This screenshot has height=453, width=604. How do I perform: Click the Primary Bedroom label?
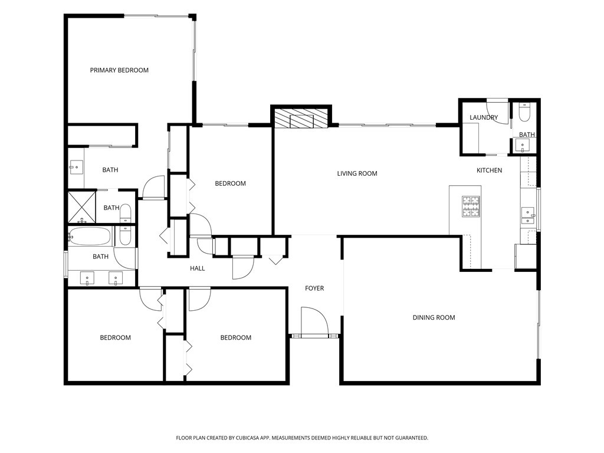pyautogui.click(x=119, y=70)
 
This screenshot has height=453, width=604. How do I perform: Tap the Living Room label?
pyautogui.click(x=357, y=173)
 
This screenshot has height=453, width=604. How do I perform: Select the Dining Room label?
pyautogui.click(x=434, y=317)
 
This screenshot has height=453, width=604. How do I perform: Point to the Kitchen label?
pyautogui.click(x=489, y=170)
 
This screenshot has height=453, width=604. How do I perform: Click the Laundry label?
pyautogui.click(x=484, y=117)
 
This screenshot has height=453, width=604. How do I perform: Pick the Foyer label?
pyautogui.click(x=314, y=288)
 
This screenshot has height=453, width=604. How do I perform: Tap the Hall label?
pyautogui.click(x=197, y=268)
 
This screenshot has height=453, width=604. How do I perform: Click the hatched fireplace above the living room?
pyautogui.click(x=301, y=118)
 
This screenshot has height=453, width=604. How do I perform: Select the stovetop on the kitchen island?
pyautogui.click(x=471, y=206)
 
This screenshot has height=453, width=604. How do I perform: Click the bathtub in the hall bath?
pyautogui.click(x=90, y=236)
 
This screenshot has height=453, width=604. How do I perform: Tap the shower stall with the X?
pyautogui.click(x=81, y=207)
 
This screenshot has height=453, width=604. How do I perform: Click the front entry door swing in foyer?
pyautogui.click(x=314, y=320)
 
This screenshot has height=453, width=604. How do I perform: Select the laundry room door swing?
pyautogui.click(x=497, y=111)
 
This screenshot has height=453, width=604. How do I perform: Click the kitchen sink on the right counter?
pyautogui.click(x=527, y=216)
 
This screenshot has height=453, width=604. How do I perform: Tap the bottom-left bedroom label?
pyautogui.click(x=115, y=337)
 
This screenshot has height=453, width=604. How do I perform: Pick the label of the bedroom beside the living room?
pyautogui.click(x=231, y=183)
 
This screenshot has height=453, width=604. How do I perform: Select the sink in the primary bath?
pyautogui.click(x=76, y=168)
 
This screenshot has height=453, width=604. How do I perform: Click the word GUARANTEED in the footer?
pyautogui.click(x=413, y=438)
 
